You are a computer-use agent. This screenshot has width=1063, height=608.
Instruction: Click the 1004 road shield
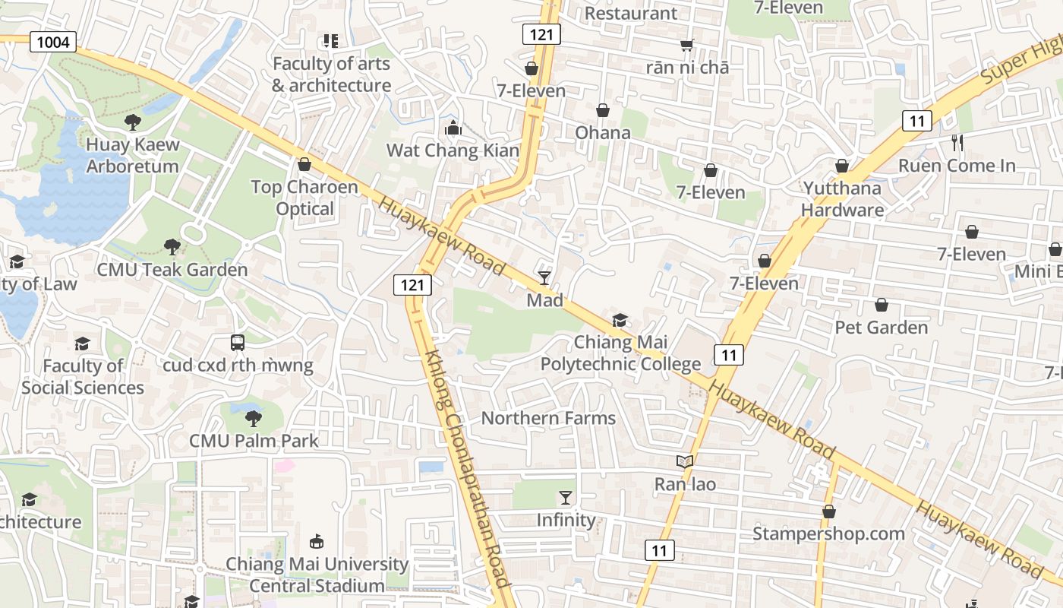coord(53,42)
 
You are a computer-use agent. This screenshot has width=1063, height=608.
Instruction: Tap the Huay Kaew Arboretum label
coord(132,155)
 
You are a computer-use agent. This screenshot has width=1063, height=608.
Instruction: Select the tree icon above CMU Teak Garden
coord(172,246)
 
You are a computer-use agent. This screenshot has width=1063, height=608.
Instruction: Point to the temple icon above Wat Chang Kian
coord(453,127)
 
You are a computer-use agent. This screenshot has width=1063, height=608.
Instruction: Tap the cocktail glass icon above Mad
coord(544,277)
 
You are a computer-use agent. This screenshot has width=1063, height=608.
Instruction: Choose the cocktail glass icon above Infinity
coord(566,498)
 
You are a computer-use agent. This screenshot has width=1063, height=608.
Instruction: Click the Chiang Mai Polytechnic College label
coord(620,353)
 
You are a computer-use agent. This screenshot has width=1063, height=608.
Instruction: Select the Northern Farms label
coord(548,418)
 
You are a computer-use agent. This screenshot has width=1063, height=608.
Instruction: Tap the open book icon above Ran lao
coord(685,461)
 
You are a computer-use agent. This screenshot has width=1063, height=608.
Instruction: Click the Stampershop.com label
coord(828,534)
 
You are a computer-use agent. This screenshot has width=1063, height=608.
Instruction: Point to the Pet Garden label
coord(882,328)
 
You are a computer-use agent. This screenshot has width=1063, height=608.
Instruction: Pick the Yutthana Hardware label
coord(842,199)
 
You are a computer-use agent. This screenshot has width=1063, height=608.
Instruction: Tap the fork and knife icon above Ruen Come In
coord(957,142)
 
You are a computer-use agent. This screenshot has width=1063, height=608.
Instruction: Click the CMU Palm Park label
coord(254,441)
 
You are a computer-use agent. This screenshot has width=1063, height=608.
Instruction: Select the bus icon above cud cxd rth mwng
coord(238,343)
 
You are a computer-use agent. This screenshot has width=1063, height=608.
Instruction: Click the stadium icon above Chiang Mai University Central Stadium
coord(317,541)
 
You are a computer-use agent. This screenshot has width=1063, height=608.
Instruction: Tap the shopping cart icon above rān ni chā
coord(687,46)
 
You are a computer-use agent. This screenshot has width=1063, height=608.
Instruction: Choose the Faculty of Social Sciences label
coord(83,377)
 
